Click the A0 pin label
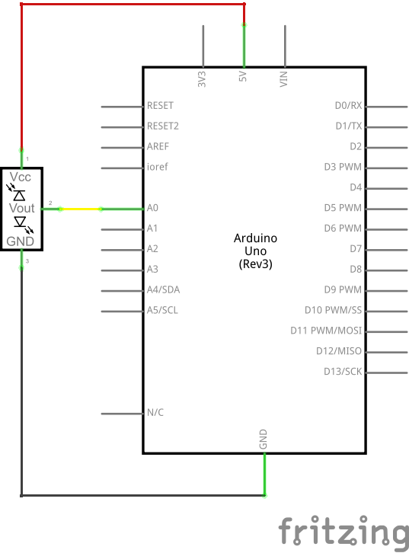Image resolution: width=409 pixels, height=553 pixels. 152,208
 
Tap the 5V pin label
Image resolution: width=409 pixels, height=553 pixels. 242,76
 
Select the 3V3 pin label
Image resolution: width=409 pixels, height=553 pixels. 201,79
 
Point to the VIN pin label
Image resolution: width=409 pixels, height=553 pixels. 283,78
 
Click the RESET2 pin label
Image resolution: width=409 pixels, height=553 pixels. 163,126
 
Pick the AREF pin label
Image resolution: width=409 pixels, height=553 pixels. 158,146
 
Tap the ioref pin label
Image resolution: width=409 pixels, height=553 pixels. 157,167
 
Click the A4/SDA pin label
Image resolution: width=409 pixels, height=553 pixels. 163,289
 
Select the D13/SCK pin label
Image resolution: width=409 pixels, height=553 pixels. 343,372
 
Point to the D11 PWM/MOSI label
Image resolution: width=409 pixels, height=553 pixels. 326,331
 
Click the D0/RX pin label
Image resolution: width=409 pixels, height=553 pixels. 348,105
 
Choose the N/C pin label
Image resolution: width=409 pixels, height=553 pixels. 155,412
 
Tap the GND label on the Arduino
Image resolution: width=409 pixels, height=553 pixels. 263,439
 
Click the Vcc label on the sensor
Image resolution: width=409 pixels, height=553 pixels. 20,177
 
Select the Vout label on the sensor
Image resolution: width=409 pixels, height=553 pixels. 21,208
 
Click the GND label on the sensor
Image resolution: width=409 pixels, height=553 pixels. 20,241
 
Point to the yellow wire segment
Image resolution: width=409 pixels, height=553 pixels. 81,209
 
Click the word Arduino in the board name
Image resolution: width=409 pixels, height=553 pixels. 255,238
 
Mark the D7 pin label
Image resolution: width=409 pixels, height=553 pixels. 356,248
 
